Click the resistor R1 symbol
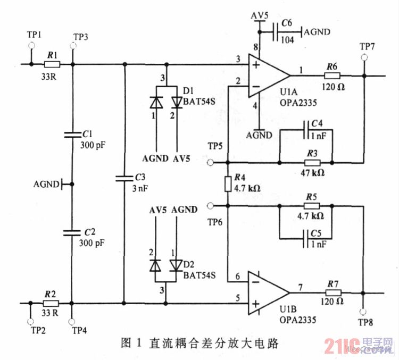(52, 64)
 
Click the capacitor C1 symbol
(72, 135)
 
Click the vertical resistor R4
(228, 184)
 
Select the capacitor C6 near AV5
(277, 32)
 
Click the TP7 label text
(367, 46)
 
